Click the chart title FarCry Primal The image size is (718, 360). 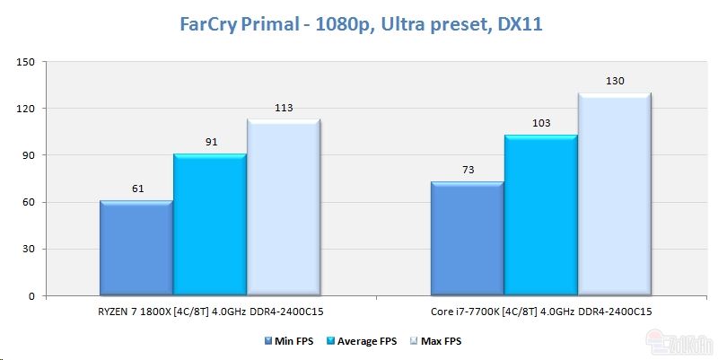pyautogui.click(x=358, y=24)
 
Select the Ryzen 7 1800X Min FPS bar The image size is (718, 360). pyautogui.click(x=136, y=248)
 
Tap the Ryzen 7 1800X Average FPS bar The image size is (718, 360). pyautogui.click(x=209, y=224)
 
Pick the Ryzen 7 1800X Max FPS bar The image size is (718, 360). pyautogui.click(x=283, y=207)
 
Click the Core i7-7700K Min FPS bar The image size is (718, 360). pyautogui.click(x=467, y=239)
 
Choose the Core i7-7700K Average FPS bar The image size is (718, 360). pyautogui.click(x=540, y=215)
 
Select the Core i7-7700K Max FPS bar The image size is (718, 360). pyautogui.click(x=614, y=194)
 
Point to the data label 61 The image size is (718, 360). pyautogui.click(x=136, y=189)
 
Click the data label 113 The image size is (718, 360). pyautogui.click(x=283, y=109)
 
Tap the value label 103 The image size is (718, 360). pyautogui.click(x=540, y=124)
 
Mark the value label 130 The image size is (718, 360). pyautogui.click(x=614, y=82)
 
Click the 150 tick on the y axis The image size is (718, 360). pyautogui.click(x=25, y=62)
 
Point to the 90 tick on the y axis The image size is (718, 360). pyautogui.click(x=28, y=155)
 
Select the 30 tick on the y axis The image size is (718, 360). pyautogui.click(x=28, y=249)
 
